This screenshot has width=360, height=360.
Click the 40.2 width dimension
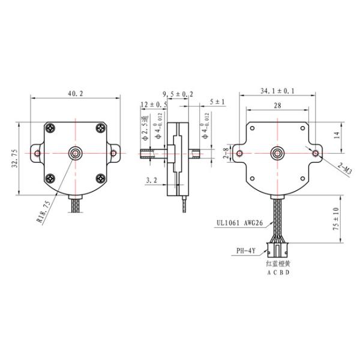point(76,93)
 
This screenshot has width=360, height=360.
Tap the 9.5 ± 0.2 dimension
point(178,94)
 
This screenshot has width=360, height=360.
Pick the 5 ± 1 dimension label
point(217,102)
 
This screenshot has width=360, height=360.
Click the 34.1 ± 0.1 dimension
point(278,91)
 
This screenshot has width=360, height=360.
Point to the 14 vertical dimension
point(337,136)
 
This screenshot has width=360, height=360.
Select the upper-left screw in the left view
point(51,127)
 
